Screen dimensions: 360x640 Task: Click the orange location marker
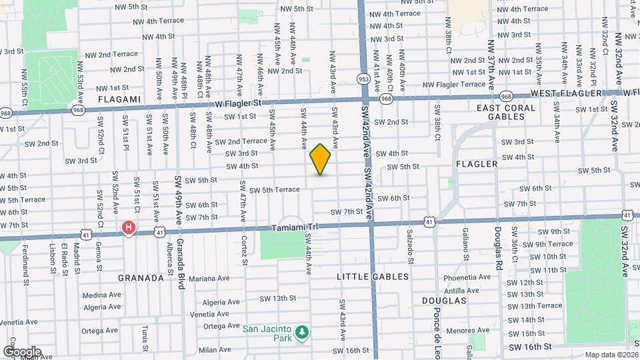321,159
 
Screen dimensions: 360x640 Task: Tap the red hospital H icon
129,229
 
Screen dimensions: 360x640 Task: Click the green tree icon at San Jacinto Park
302,331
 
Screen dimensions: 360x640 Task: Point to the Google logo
22,351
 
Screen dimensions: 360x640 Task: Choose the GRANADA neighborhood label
141,277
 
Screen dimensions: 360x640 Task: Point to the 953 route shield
363,79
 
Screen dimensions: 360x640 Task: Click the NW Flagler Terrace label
459,85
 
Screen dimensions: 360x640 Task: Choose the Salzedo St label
409,245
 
